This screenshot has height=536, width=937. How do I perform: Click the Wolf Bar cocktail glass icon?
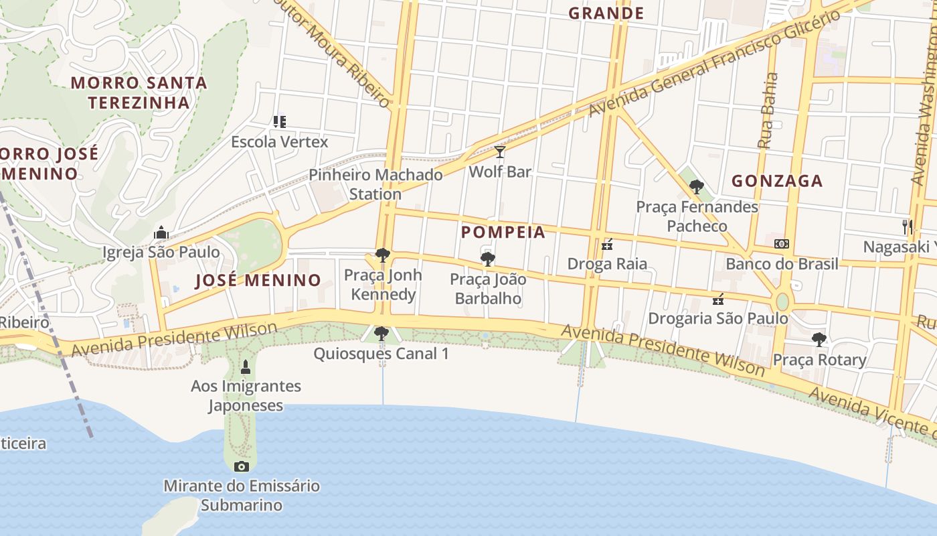pyautogui.click(x=499, y=152)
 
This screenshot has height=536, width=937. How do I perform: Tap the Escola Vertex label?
pyautogui.click(x=280, y=142)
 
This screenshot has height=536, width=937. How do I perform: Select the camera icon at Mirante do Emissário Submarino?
pyautogui.click(x=242, y=466)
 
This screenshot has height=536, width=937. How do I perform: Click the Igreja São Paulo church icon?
pyautogui.click(x=161, y=233)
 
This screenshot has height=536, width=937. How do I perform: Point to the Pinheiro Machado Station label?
pyautogui.click(x=375, y=184)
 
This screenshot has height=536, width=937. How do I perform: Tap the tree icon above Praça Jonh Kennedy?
pyautogui.click(x=383, y=255)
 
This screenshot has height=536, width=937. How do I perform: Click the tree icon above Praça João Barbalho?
pyautogui.click(x=487, y=259)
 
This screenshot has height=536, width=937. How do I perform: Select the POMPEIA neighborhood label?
pyautogui.click(x=503, y=232)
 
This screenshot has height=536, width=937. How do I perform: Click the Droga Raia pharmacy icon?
pyautogui.click(x=607, y=245)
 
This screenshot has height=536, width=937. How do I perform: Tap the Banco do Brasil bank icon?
pyautogui.click(x=781, y=244)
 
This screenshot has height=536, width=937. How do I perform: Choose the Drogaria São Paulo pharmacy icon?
pyautogui.click(x=718, y=299)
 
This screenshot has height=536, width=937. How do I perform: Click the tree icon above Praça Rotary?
pyautogui.click(x=819, y=340)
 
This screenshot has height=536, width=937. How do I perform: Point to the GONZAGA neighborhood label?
pyautogui.click(x=777, y=181)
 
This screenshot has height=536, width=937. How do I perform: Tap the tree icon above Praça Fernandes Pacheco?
pyautogui.click(x=697, y=187)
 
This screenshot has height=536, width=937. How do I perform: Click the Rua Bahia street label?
pyautogui.click(x=768, y=111)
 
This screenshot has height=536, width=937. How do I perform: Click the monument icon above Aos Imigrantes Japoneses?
pyautogui.click(x=245, y=366)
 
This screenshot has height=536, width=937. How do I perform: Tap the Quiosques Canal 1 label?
pyautogui.click(x=381, y=353)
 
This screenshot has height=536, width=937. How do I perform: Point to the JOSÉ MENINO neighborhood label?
pyautogui.click(x=258, y=280)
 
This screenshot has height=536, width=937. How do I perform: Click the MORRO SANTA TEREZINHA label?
pyautogui.click(x=139, y=92)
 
